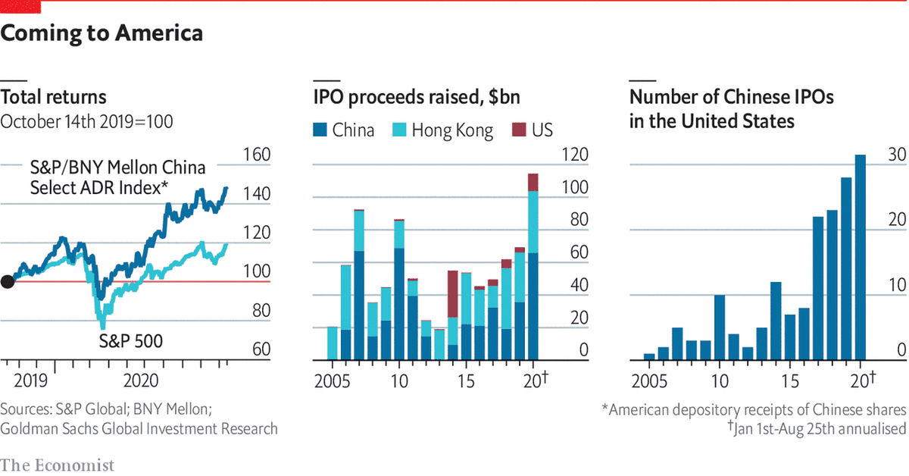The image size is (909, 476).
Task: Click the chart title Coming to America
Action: click(x=102, y=33)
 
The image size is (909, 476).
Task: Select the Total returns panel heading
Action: click(x=53, y=97)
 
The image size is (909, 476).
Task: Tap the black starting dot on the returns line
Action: click(x=8, y=282)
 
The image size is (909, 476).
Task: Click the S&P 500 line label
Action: click(x=131, y=340)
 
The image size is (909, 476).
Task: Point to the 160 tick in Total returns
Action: click(x=256, y=155)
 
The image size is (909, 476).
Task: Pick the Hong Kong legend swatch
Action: click(x=398, y=130)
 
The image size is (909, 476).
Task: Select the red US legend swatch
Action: click(x=517, y=130)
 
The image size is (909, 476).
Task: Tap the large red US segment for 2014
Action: click(x=452, y=294)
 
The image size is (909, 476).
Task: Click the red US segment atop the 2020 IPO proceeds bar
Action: click(x=533, y=182)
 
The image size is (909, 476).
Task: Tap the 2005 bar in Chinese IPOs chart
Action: click(x=648, y=355)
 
